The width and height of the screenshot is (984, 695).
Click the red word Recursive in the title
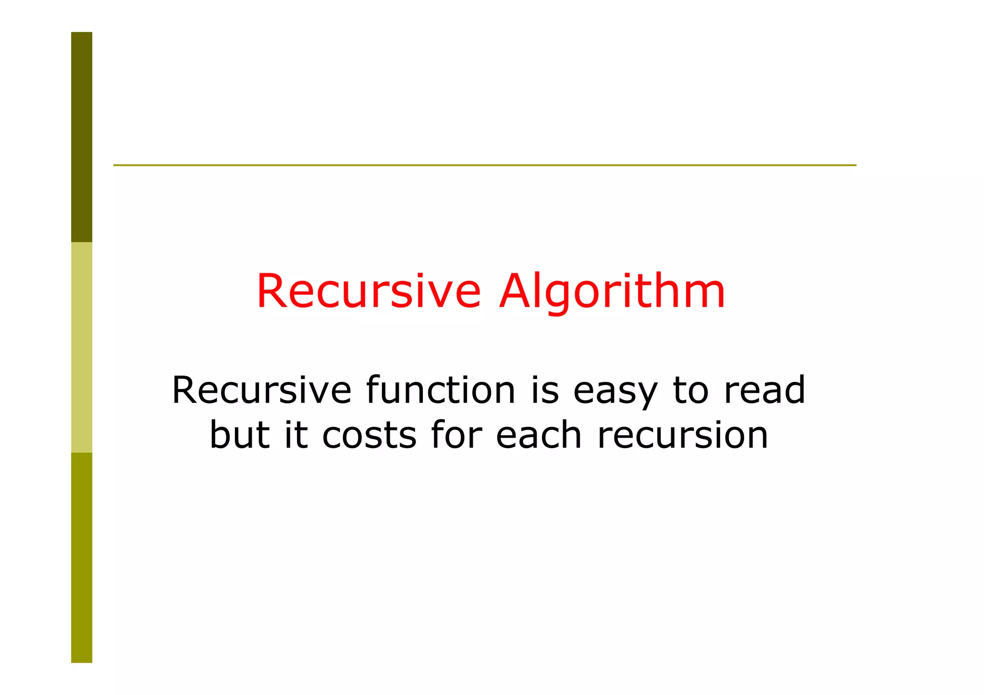(x=369, y=291)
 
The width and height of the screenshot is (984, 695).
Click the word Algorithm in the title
(x=612, y=292)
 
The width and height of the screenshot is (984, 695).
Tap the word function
(x=441, y=390)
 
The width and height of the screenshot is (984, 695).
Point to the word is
(x=545, y=390)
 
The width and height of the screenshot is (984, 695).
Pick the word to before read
(x=690, y=390)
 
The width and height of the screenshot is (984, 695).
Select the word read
(x=764, y=390)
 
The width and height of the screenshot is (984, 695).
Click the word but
(x=239, y=435)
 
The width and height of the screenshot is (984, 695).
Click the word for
(x=456, y=435)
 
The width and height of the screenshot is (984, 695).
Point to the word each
(x=539, y=435)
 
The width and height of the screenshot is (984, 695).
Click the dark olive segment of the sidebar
(x=82, y=137)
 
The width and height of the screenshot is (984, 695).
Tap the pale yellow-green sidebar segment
(x=82, y=347)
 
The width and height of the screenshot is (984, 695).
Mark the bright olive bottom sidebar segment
(x=82, y=557)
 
